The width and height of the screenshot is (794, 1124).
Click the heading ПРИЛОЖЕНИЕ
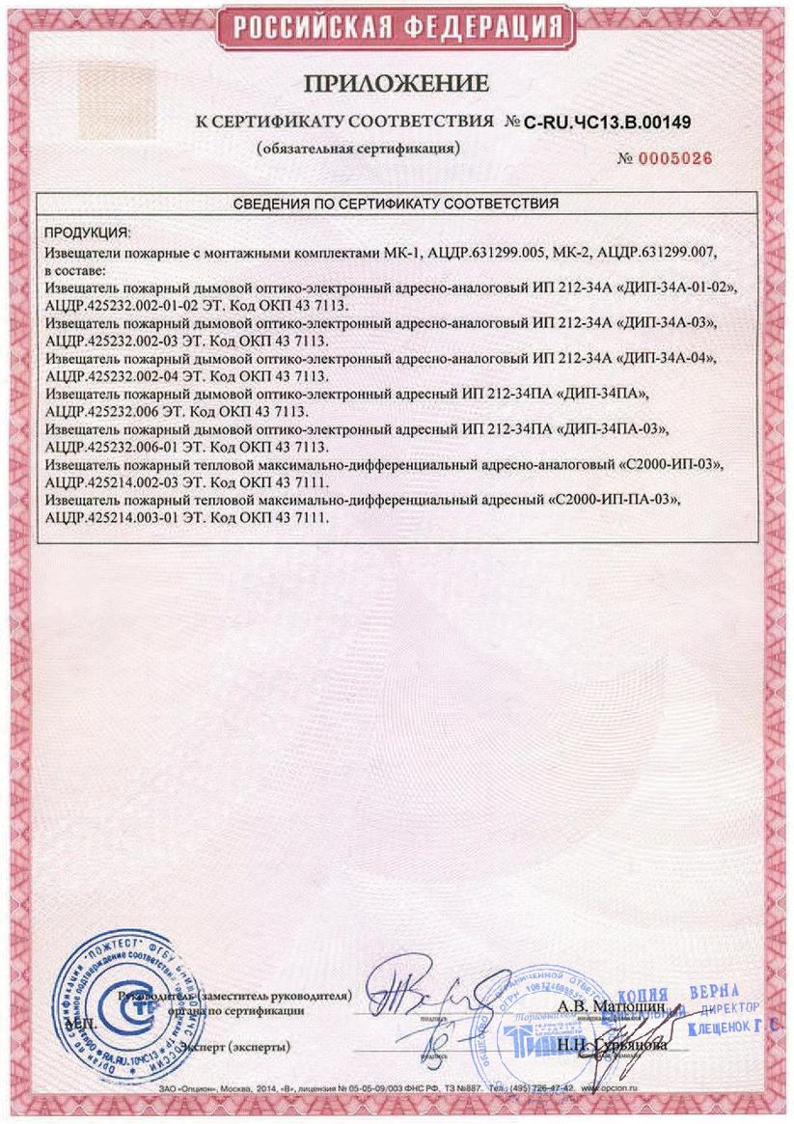coord(397,85)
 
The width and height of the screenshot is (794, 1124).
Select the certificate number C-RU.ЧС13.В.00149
coord(609,123)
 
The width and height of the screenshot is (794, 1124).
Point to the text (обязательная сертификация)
coord(357,150)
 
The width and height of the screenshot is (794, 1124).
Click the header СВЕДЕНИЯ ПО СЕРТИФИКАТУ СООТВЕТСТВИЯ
coord(397,205)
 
